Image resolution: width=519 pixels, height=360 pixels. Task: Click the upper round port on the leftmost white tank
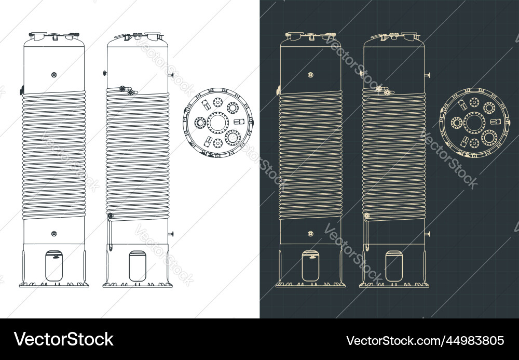click(x=54, y=74)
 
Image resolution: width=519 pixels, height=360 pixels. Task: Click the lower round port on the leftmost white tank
click(x=54, y=233)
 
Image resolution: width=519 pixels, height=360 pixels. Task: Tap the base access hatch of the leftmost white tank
click(x=54, y=265)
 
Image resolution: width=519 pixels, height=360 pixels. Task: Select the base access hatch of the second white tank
click(x=137, y=266)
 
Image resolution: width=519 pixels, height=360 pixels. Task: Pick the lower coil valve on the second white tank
click(x=110, y=216)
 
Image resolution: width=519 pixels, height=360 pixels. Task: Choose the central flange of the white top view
click(x=217, y=123)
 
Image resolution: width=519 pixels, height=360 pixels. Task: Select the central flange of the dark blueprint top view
click(x=474, y=123)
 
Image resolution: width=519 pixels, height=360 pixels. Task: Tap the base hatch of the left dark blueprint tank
click(x=311, y=265)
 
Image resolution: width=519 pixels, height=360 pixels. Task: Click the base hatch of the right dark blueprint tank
click(x=394, y=266)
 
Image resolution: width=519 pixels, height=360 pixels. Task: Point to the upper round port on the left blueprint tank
click(x=311, y=75)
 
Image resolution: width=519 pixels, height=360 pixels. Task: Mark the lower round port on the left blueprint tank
click(x=311, y=234)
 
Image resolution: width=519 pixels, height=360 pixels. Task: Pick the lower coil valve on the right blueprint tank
click(x=367, y=216)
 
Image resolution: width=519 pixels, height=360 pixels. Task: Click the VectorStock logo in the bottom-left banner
click(x=64, y=339)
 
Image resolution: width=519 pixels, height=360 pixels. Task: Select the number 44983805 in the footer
click(x=471, y=341)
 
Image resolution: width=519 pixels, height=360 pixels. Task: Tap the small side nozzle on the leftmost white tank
click(x=22, y=90)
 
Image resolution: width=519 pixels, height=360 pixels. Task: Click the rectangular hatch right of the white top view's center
click(x=239, y=121)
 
